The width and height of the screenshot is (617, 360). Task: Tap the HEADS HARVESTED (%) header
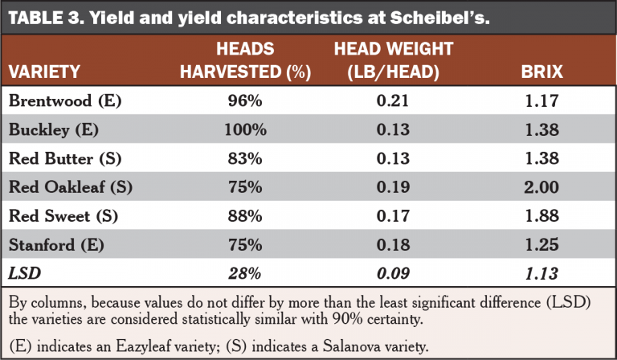[245, 60]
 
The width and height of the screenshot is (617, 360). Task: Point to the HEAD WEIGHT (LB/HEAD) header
[393, 60]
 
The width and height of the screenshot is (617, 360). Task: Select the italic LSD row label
[25, 273]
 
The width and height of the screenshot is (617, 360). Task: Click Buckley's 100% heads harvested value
[245, 129]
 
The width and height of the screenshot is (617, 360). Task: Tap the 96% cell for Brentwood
[245, 101]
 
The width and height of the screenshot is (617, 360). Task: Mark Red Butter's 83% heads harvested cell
[245, 158]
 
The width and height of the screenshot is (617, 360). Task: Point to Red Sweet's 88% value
[245, 216]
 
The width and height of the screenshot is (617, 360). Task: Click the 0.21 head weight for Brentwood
[393, 101]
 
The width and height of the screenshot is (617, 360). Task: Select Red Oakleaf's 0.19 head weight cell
[393, 187]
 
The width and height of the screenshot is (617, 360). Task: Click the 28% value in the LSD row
[245, 273]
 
